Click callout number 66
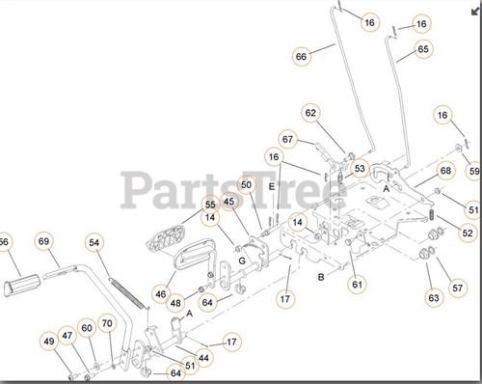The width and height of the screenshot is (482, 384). point(302,56)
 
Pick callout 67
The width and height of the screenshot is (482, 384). point(288,139)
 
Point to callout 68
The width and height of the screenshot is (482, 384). point(445,170)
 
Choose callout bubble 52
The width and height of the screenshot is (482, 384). point(468,233)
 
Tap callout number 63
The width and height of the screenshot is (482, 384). point(434,298)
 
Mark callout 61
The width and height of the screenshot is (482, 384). point(357,283)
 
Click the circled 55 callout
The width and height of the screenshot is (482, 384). point(210,205)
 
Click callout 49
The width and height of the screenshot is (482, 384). point(49,340)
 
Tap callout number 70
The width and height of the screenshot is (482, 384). point(107,324)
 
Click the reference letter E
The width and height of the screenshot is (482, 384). point(272,185)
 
